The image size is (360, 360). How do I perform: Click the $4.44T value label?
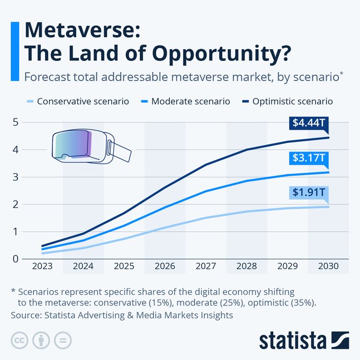click(x=310, y=123)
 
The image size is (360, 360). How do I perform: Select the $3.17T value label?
click(x=310, y=158)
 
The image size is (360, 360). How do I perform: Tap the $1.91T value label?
click(x=310, y=192)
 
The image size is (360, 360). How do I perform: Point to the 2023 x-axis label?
click(x=42, y=266)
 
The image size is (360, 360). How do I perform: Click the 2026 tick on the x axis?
click(x=165, y=266)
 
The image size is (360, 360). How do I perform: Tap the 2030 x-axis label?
click(x=329, y=266)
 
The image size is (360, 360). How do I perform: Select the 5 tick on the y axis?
click(x=16, y=122)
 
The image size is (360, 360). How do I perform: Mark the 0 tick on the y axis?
click(x=16, y=258)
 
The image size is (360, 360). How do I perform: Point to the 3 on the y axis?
click(x=16, y=177)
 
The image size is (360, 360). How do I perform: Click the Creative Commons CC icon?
click(x=20, y=340)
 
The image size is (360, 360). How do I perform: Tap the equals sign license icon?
click(x=62, y=340)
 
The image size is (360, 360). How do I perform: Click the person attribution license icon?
click(x=41, y=340)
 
